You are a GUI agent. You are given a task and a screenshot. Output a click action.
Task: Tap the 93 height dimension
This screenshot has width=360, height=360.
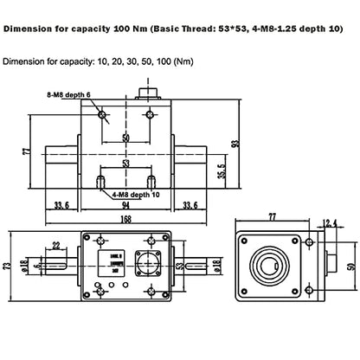tap(234, 143)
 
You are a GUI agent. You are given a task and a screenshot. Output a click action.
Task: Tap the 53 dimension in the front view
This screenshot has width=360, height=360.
tap(126, 161)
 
